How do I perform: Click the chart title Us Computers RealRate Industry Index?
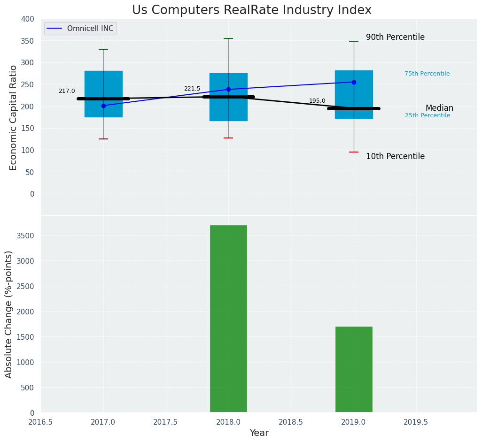251,10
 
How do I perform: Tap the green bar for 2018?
228,319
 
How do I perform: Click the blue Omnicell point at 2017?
103,106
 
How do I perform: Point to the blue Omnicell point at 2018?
228,89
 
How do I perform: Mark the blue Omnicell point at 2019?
354,82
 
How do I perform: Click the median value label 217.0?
67,91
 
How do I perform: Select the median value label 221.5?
192,89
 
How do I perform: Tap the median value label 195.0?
317,101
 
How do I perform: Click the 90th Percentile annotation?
395,37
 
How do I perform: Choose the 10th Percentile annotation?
395,156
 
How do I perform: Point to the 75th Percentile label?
427,74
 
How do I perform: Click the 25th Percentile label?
428,115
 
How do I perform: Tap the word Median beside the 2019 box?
439,108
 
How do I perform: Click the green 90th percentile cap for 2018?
228,38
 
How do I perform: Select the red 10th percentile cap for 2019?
354,152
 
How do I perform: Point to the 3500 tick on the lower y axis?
26,236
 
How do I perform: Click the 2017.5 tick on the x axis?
166,422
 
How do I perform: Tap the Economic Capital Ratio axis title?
13,117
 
